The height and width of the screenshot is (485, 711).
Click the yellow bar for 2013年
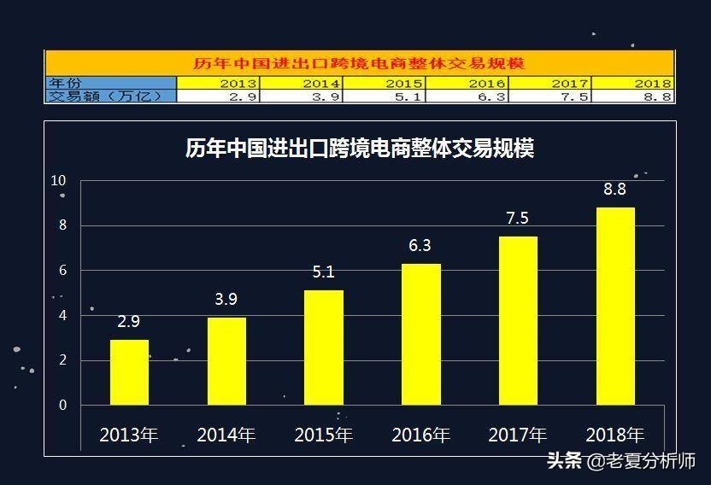click(129, 372)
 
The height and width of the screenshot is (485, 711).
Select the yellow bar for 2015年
click(324, 348)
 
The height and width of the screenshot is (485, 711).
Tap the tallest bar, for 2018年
click(615, 306)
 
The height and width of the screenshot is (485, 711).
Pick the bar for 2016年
click(421, 334)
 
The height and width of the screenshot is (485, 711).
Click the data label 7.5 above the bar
click(517, 219)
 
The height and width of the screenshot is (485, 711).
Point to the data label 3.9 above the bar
click(226, 300)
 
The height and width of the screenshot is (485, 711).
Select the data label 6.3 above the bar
click(420, 246)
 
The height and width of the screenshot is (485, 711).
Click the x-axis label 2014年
click(226, 435)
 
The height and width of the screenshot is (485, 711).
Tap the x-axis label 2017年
click(517, 435)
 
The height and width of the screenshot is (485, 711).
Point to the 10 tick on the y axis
click(58, 180)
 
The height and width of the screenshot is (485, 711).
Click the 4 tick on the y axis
click(62, 315)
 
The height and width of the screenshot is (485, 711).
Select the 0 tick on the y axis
click(62, 405)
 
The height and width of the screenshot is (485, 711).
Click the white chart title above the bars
click(360, 149)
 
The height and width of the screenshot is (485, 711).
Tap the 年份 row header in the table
click(66, 83)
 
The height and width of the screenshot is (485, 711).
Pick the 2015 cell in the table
click(403, 83)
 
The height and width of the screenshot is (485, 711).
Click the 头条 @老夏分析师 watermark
click(620, 461)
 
